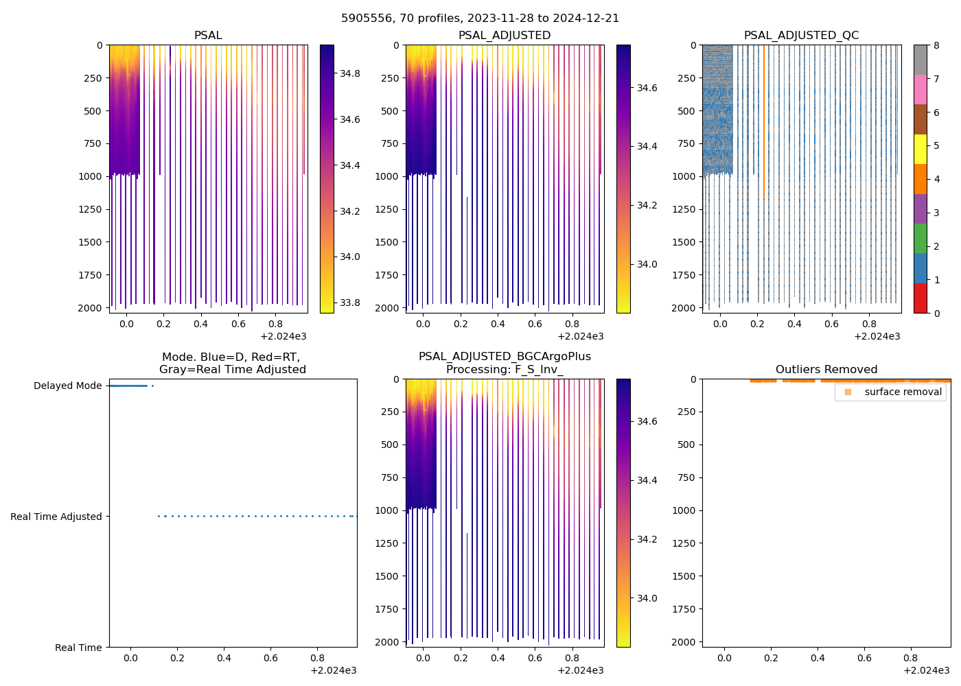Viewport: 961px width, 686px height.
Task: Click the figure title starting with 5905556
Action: click(x=480, y=19)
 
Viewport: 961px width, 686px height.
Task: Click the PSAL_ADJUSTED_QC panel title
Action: click(x=801, y=36)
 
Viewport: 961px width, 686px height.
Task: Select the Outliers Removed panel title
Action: click(x=826, y=370)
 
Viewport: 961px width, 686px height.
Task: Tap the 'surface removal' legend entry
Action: click(x=903, y=392)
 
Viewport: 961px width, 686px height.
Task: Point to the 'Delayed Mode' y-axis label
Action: click(x=67, y=386)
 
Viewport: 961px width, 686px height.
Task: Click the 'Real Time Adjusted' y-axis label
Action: click(x=56, y=517)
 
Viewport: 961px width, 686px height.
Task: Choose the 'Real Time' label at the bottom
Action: click(x=78, y=648)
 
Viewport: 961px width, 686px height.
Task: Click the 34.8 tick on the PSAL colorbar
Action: click(x=349, y=73)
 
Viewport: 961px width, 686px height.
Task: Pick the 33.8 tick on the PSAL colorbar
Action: click(x=349, y=303)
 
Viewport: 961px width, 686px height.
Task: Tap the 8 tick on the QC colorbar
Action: click(x=936, y=45)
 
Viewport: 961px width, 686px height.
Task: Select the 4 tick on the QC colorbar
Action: click(x=936, y=180)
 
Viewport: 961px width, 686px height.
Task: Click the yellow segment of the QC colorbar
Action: click(x=921, y=150)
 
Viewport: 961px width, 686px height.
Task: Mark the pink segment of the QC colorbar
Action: click(x=921, y=89)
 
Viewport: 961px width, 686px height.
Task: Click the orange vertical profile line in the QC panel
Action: click(x=763, y=123)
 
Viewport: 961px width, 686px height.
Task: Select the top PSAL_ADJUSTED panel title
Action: click(x=505, y=36)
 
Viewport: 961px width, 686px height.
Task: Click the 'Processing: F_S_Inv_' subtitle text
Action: click(x=505, y=370)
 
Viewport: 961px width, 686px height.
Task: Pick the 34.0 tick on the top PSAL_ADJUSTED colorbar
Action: click(x=649, y=265)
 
